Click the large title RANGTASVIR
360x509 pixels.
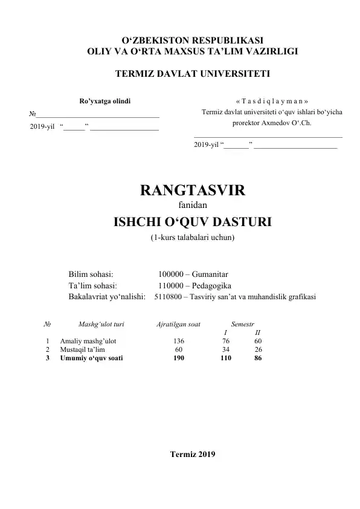(x=192, y=191)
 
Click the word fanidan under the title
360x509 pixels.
(x=192, y=206)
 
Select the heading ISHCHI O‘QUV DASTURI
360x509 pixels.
(x=192, y=222)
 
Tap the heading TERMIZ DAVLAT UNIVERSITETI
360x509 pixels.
(x=192, y=74)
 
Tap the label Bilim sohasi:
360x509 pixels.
(x=91, y=274)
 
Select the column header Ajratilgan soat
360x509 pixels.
(x=178, y=325)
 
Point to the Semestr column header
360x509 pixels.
(x=243, y=325)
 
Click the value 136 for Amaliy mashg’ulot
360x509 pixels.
(x=179, y=341)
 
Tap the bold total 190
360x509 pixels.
(x=179, y=358)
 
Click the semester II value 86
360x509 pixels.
(x=258, y=358)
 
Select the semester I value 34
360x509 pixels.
(x=226, y=349)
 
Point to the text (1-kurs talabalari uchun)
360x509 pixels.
(x=192, y=238)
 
